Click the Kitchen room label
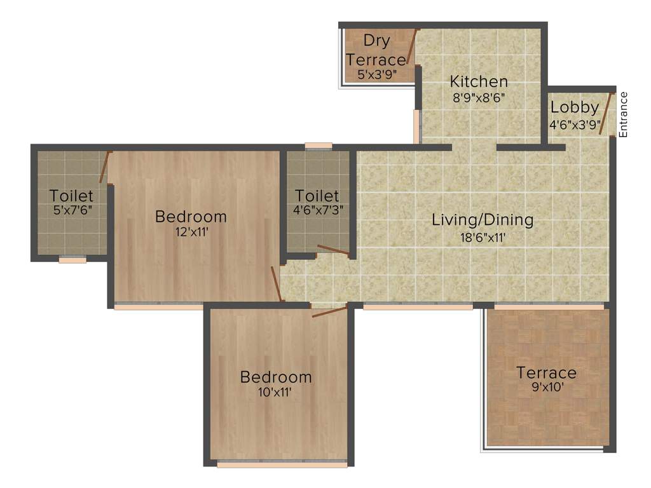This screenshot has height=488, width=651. (x=479, y=81)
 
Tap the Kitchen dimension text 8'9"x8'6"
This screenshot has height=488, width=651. (x=479, y=98)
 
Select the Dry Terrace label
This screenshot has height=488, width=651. (x=376, y=50)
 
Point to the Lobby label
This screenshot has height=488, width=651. (x=575, y=107)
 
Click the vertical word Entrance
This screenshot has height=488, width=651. (x=624, y=115)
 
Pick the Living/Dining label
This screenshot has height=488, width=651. (x=483, y=220)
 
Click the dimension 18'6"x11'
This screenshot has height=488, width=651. (x=483, y=238)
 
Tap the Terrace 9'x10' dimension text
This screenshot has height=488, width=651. (x=546, y=386)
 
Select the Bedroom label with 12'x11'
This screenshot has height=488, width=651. (x=191, y=217)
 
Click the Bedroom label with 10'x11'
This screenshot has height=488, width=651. (x=276, y=377)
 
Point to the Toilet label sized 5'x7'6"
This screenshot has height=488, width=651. (x=71, y=196)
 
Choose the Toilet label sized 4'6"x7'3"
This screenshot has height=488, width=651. (x=317, y=196)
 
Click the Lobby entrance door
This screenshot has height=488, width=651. (x=608, y=112)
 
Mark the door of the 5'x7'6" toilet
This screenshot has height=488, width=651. (x=105, y=168)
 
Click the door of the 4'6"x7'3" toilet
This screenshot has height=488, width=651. (x=333, y=250)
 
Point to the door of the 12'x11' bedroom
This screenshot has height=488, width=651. (x=276, y=283)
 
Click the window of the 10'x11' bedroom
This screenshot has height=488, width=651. (x=282, y=464)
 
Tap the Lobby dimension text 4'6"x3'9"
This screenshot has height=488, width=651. (x=575, y=124)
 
